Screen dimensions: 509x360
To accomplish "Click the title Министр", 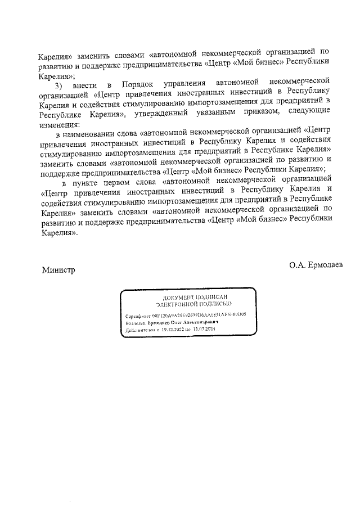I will (x=58, y=270).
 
